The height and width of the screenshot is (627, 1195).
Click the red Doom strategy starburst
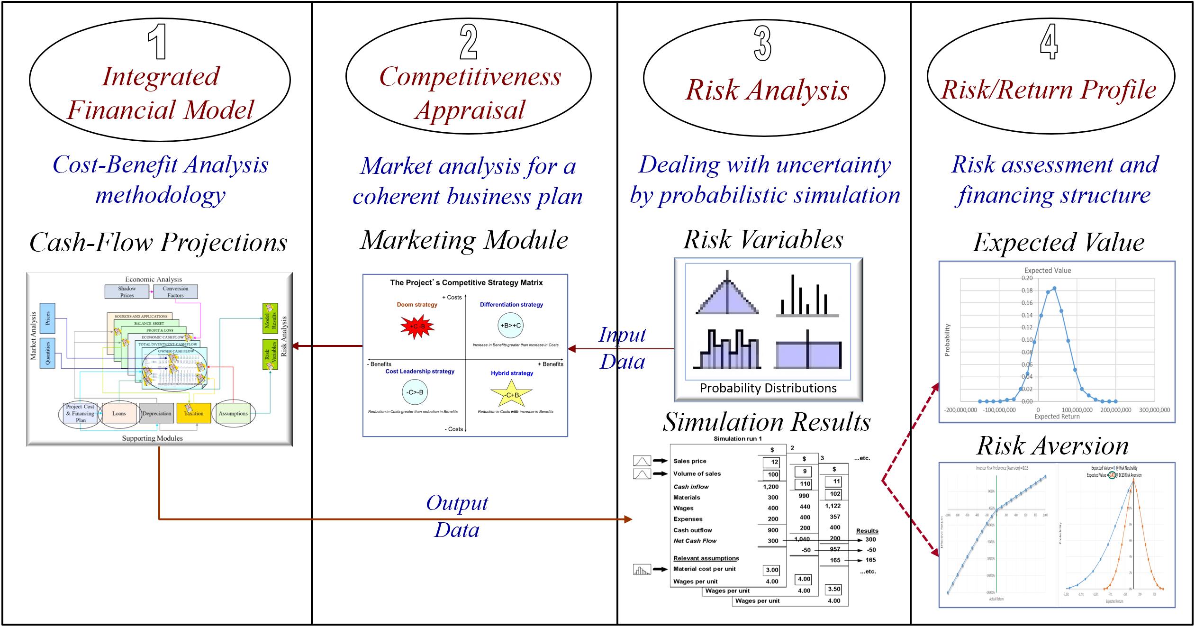click(x=417, y=326)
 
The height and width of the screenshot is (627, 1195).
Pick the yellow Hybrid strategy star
click(x=511, y=394)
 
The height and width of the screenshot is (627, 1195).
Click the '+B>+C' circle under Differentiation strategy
click(x=510, y=325)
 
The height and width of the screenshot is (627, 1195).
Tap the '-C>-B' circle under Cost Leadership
click(x=415, y=392)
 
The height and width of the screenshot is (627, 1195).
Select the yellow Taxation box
click(x=193, y=413)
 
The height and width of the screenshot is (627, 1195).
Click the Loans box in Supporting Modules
click(x=119, y=413)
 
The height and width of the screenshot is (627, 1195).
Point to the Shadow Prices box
click(x=127, y=291)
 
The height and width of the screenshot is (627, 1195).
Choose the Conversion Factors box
click(x=175, y=291)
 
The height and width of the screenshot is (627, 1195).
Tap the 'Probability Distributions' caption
click(x=768, y=388)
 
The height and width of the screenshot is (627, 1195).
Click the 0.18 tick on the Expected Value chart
click(x=1027, y=291)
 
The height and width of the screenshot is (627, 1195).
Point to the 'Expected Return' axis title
click(x=1057, y=417)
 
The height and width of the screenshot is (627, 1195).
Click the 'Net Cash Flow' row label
click(x=695, y=541)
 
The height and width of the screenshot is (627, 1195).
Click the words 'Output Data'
click(x=457, y=516)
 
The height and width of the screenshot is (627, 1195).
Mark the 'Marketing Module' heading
click(x=464, y=240)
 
